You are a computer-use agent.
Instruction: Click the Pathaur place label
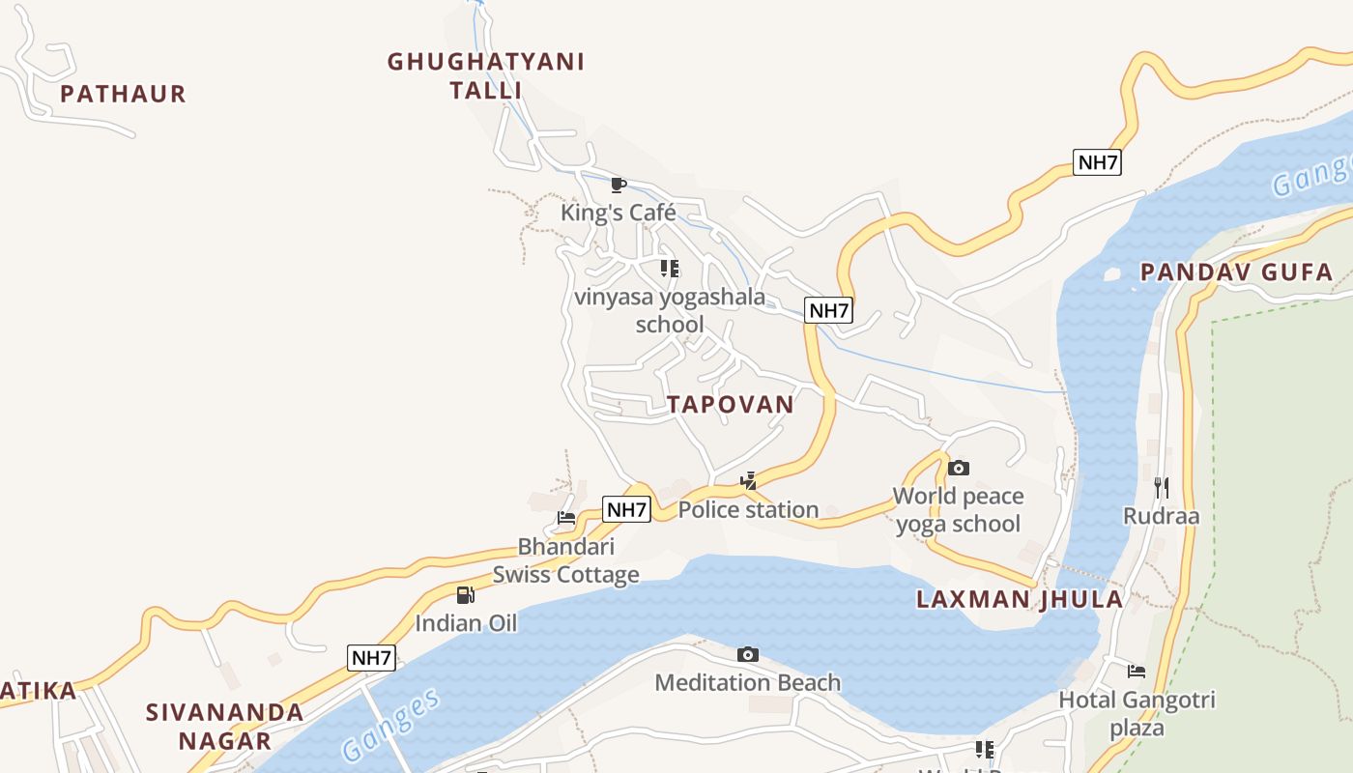point(123,94)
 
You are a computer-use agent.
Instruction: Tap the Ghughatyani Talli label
point(486,75)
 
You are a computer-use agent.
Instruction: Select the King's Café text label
point(619,213)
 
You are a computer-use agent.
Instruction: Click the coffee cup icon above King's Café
point(619,185)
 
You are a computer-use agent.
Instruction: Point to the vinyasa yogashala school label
point(670,310)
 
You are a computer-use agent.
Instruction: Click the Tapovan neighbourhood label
point(731,404)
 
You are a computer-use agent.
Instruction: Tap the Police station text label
point(748,509)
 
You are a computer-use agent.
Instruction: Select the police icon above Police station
point(748,480)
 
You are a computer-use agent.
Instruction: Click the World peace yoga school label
point(958,510)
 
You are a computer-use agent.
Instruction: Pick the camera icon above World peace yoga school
point(958,469)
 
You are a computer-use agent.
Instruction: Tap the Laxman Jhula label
point(1020,599)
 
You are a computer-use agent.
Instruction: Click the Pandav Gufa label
point(1236,272)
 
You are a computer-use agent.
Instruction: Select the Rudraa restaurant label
point(1161,516)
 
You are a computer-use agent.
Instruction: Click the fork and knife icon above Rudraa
point(1161,487)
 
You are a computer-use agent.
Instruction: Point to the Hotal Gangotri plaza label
point(1137,713)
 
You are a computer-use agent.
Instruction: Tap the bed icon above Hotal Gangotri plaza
point(1137,671)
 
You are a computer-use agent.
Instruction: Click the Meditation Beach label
point(748,683)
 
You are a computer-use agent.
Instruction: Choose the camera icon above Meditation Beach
point(748,655)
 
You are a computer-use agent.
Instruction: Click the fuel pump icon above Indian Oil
point(466,594)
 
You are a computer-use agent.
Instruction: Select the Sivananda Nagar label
point(225,727)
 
